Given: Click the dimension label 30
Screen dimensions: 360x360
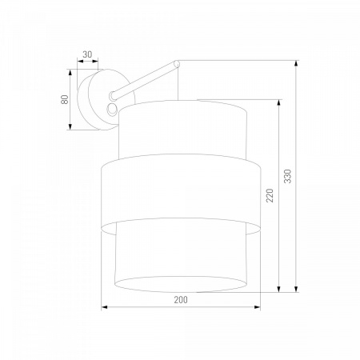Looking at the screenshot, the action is pyautogui.click(x=87, y=54).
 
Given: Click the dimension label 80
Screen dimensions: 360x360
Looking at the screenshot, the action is pyautogui.click(x=65, y=99).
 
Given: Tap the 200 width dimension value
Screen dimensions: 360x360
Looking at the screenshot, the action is pyautogui.click(x=181, y=300).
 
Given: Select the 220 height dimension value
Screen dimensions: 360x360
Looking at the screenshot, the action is pyautogui.click(x=270, y=195).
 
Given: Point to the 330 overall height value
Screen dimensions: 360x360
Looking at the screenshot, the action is pyautogui.click(x=288, y=176).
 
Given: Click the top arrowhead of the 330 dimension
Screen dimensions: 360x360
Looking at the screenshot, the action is pyautogui.click(x=296, y=63).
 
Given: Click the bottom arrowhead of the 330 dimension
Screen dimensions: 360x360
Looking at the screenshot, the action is pyautogui.click(x=296, y=289).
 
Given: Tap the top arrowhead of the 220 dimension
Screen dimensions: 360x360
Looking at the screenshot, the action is pyautogui.click(x=278, y=103).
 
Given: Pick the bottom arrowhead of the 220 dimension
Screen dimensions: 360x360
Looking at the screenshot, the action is pyautogui.click(x=278, y=289).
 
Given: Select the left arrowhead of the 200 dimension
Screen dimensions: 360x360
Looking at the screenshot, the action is pyautogui.click(x=104, y=307).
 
